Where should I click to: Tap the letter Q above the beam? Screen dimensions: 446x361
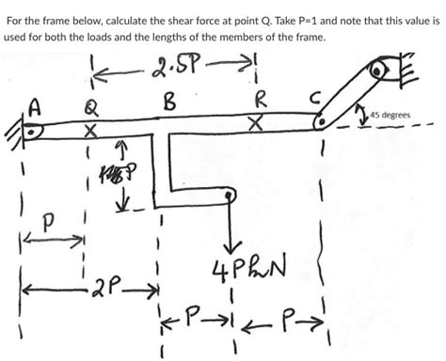(89, 107)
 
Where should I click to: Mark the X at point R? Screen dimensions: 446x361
(254, 123)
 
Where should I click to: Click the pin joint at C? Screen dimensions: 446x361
(324, 120)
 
